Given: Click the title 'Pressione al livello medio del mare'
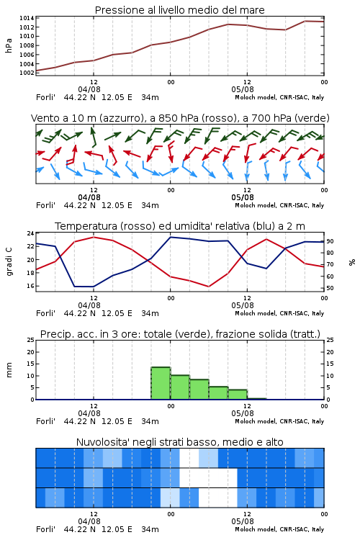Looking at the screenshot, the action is (179, 10).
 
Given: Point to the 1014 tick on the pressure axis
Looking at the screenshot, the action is (27, 18).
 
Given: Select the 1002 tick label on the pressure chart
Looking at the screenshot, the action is (27, 73).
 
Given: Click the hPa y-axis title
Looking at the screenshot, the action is (9, 45).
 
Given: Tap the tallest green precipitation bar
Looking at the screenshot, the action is (161, 383).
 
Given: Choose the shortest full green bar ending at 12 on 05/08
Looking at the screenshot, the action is (238, 395).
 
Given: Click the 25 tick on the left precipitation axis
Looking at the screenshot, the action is (31, 340).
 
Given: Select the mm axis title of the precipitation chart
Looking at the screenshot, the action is (9, 369).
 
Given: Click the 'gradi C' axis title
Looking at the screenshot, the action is (9, 261).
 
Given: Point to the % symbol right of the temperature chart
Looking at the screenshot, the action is (352, 262).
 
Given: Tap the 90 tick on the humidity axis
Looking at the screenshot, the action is (330, 241).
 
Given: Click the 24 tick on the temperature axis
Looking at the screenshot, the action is (31, 233).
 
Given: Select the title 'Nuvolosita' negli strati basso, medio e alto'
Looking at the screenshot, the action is (179, 442).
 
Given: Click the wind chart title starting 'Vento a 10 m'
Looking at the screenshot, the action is (180, 118).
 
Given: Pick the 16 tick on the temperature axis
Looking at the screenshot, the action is (31, 286).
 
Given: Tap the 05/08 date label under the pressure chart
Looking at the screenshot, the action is (243, 89).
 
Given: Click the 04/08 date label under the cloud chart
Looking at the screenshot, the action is (89, 521).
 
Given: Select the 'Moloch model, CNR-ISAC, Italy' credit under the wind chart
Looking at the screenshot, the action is (279, 205).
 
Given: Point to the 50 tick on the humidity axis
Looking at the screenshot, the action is (330, 288).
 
